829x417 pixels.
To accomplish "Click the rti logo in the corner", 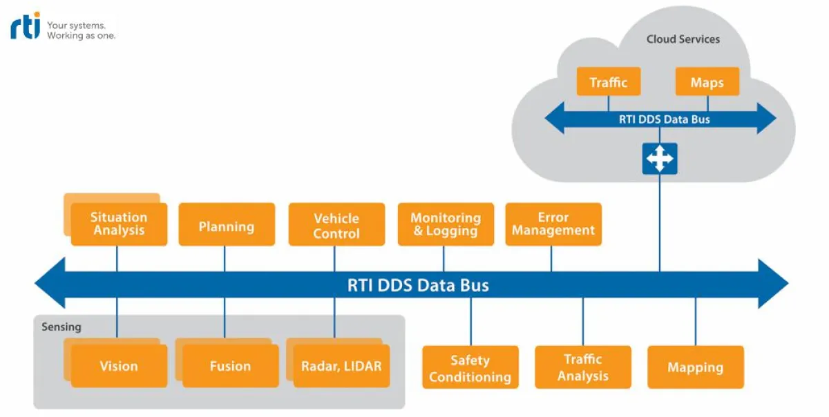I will coord(26,26).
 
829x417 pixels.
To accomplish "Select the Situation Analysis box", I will coord(119,224).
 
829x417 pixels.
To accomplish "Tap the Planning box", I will coord(227,224).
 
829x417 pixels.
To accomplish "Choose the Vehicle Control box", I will coord(336,224).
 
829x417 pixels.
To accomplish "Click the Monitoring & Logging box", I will coord(446,224).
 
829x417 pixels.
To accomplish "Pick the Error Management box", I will coord(553,224).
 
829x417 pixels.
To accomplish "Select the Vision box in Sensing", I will coord(119,366).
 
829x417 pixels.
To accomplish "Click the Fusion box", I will coord(230,366).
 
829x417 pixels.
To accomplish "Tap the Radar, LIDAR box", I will coord(341,366).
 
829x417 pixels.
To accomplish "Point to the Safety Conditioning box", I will coord(470,368).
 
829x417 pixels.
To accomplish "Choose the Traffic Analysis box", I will coord(583,368).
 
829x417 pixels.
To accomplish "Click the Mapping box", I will coord(695,368).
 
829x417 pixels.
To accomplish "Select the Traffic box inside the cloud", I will coord(609,82).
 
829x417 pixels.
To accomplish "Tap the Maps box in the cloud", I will coord(707,82).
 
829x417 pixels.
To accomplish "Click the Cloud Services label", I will coord(683,39).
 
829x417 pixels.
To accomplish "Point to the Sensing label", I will coord(61,327).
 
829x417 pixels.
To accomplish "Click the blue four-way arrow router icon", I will coord(659,159).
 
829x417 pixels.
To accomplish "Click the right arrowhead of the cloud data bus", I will coord(766,119).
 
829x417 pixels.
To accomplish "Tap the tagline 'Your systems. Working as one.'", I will coord(81,30).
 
